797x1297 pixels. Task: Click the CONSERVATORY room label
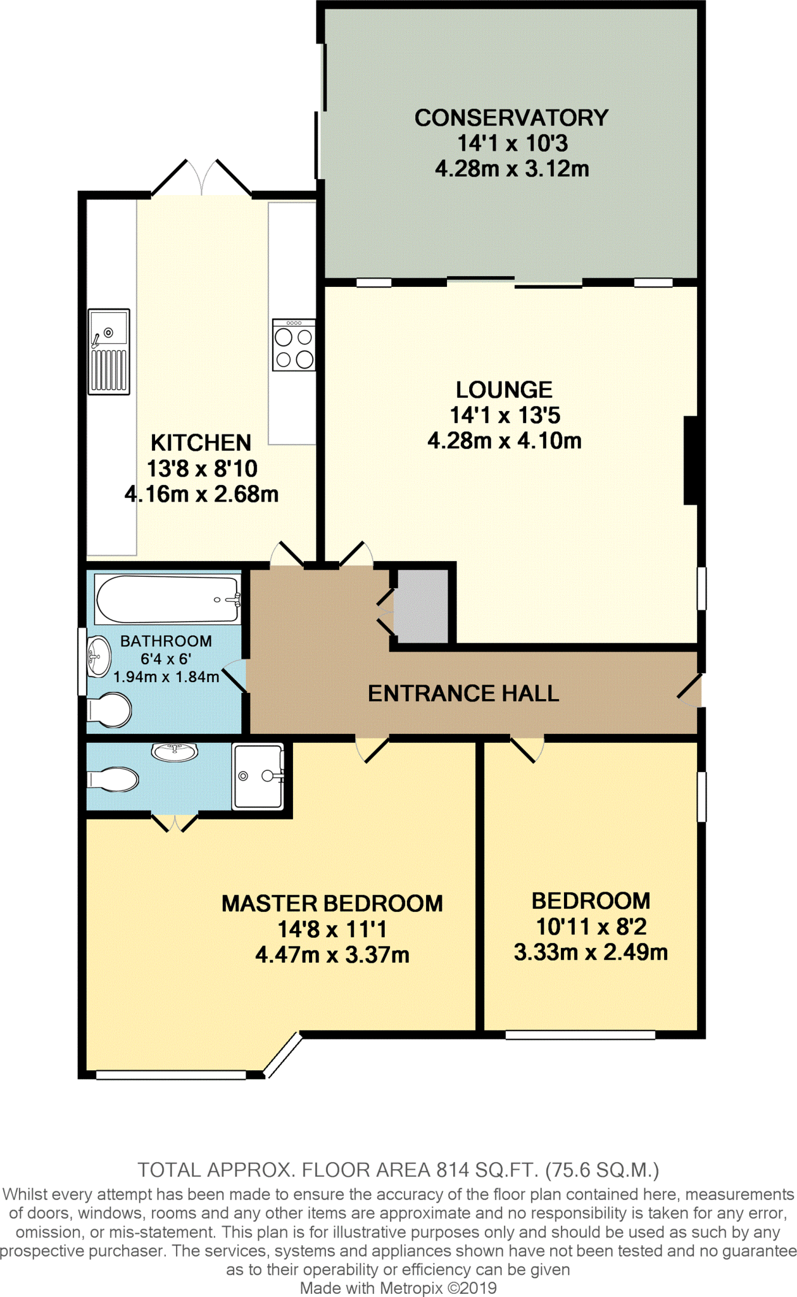pos(511,118)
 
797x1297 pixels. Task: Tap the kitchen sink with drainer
pos(109,351)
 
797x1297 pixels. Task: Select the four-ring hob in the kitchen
pos(294,345)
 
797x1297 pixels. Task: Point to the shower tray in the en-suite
pos(258,776)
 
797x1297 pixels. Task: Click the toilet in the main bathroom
pos(110,710)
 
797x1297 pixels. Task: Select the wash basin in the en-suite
pos(175,752)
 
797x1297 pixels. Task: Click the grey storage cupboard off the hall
pos(421,606)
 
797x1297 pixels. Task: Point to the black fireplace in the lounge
pos(691,460)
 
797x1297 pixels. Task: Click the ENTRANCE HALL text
pos(463,693)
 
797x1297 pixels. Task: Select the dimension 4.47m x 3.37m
pos(332,954)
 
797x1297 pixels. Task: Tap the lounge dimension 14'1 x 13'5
pos(505,415)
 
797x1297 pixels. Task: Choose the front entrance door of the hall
pos(691,690)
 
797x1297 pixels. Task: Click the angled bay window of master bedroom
pos(283,1054)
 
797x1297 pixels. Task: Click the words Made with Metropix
pos(371,1288)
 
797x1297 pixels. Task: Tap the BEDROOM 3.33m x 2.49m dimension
pos(591,952)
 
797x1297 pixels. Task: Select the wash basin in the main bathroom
pos(98,656)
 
